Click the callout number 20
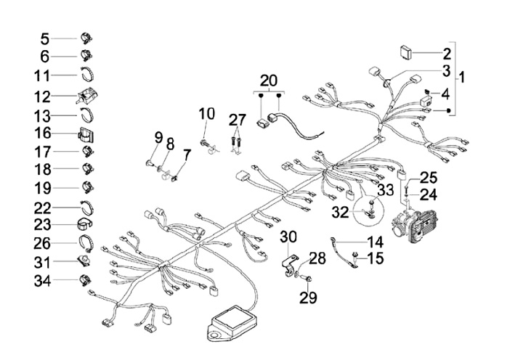click(269, 80)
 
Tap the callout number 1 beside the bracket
click(463, 75)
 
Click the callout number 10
click(207, 113)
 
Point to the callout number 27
click(238, 119)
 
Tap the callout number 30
click(288, 237)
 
